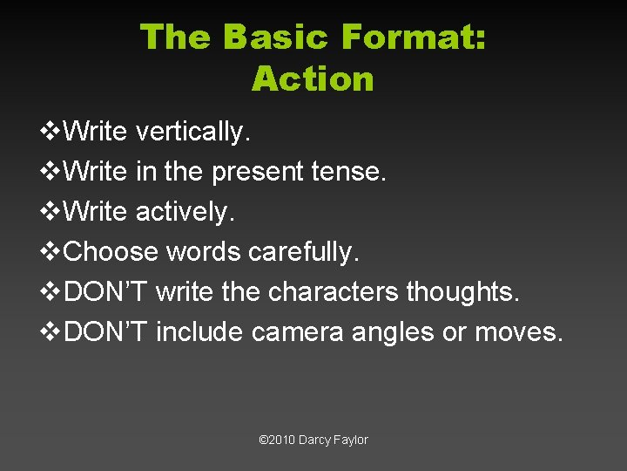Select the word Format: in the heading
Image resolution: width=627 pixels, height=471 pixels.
414,38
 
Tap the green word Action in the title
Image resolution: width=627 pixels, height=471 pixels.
313,79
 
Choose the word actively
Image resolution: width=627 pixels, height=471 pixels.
185,212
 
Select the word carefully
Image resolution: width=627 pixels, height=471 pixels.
303,252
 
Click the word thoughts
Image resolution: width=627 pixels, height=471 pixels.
463,292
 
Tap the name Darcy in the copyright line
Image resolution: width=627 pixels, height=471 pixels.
313,440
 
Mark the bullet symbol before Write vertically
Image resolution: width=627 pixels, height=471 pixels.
51,132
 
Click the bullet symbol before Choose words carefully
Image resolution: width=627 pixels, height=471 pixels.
51,252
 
